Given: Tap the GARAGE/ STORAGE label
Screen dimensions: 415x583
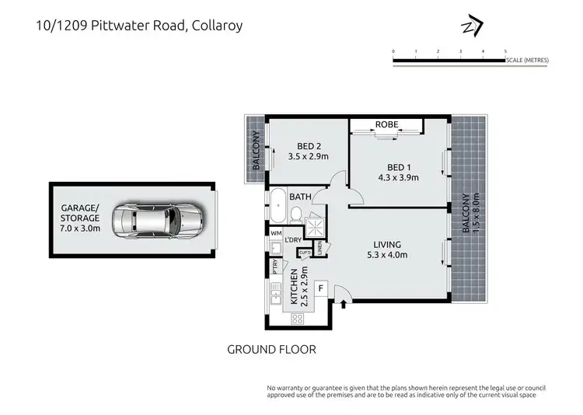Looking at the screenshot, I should pos(80,213).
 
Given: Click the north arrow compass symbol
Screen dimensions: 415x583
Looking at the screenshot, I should pos(472,27).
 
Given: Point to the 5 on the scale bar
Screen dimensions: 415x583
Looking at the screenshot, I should pos(505,51).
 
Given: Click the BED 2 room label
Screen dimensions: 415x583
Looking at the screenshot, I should pos(309,146).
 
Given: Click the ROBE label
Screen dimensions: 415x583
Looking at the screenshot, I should pos(386,124).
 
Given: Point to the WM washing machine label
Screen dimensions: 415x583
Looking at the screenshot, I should pos(275,232).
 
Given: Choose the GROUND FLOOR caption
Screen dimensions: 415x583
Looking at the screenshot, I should pos(271,349).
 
